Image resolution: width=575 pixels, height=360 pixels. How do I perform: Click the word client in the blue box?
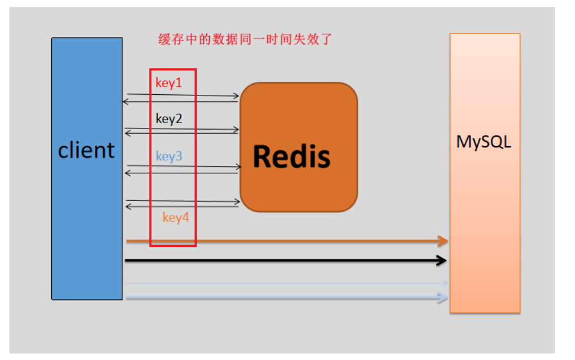click(x=86, y=150)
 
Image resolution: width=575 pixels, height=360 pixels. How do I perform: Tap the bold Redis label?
click(x=292, y=156)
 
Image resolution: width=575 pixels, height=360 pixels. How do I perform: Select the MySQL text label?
click(x=483, y=142)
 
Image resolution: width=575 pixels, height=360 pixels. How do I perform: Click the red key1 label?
click(x=168, y=83)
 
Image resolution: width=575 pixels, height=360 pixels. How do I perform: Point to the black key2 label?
click(x=168, y=119)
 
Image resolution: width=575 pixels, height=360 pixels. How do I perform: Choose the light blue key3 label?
click(x=169, y=156)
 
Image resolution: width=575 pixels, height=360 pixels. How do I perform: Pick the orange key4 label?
click(x=176, y=217)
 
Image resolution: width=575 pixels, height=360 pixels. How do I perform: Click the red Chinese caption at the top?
click(x=245, y=39)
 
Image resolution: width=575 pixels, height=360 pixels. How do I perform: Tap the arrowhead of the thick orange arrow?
click(x=444, y=241)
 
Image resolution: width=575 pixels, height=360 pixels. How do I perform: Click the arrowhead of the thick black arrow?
click(x=442, y=260)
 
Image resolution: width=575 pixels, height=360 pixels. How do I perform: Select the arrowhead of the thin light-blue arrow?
click(x=445, y=283)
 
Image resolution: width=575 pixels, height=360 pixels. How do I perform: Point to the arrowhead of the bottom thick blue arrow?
click(x=443, y=298)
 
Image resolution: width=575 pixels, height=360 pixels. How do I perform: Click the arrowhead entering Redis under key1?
click(x=236, y=96)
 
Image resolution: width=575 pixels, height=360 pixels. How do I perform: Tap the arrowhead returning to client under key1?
click(x=125, y=101)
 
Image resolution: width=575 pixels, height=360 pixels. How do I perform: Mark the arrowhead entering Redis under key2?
click(x=236, y=130)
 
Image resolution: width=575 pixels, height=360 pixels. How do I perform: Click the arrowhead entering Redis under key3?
click(x=239, y=167)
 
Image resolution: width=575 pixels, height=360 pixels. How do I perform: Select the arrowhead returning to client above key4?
click(x=128, y=207)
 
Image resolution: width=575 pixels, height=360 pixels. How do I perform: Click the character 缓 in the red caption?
click(x=164, y=39)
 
